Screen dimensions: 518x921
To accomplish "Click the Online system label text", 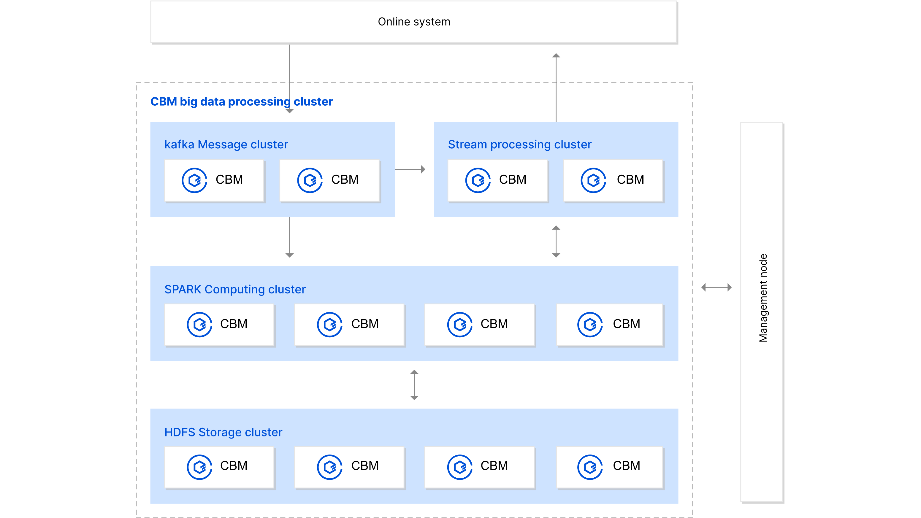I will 414,22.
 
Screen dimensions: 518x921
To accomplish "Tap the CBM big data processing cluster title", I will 241,101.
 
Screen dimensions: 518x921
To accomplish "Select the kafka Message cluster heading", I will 226,144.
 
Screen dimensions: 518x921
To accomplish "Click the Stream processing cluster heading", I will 519,144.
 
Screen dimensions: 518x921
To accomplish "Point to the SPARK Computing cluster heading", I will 235,289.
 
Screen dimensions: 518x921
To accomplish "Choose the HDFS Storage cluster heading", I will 223,432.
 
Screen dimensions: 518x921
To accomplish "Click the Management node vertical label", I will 763,298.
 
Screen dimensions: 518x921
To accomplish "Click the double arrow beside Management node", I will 716,287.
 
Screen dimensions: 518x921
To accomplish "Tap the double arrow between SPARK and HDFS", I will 414,385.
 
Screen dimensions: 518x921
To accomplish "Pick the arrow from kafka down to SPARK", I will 289,238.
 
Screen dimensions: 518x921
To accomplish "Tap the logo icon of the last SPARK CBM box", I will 590,324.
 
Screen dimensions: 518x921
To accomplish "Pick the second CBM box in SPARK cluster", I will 349,324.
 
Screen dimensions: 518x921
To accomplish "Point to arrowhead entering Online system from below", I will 556,56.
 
